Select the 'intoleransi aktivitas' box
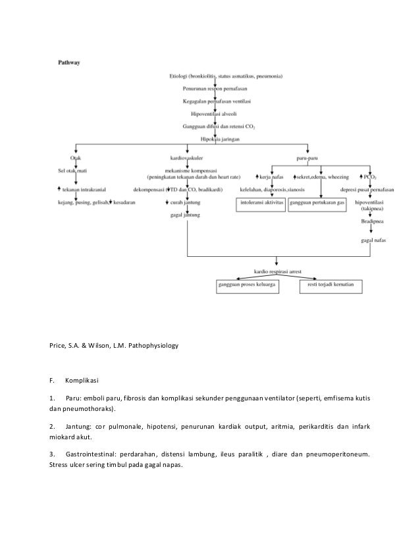[261, 204]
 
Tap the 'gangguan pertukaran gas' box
[317, 204]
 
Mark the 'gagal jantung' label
[184, 215]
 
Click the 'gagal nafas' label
[373, 241]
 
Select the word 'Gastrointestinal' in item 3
[92, 454]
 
